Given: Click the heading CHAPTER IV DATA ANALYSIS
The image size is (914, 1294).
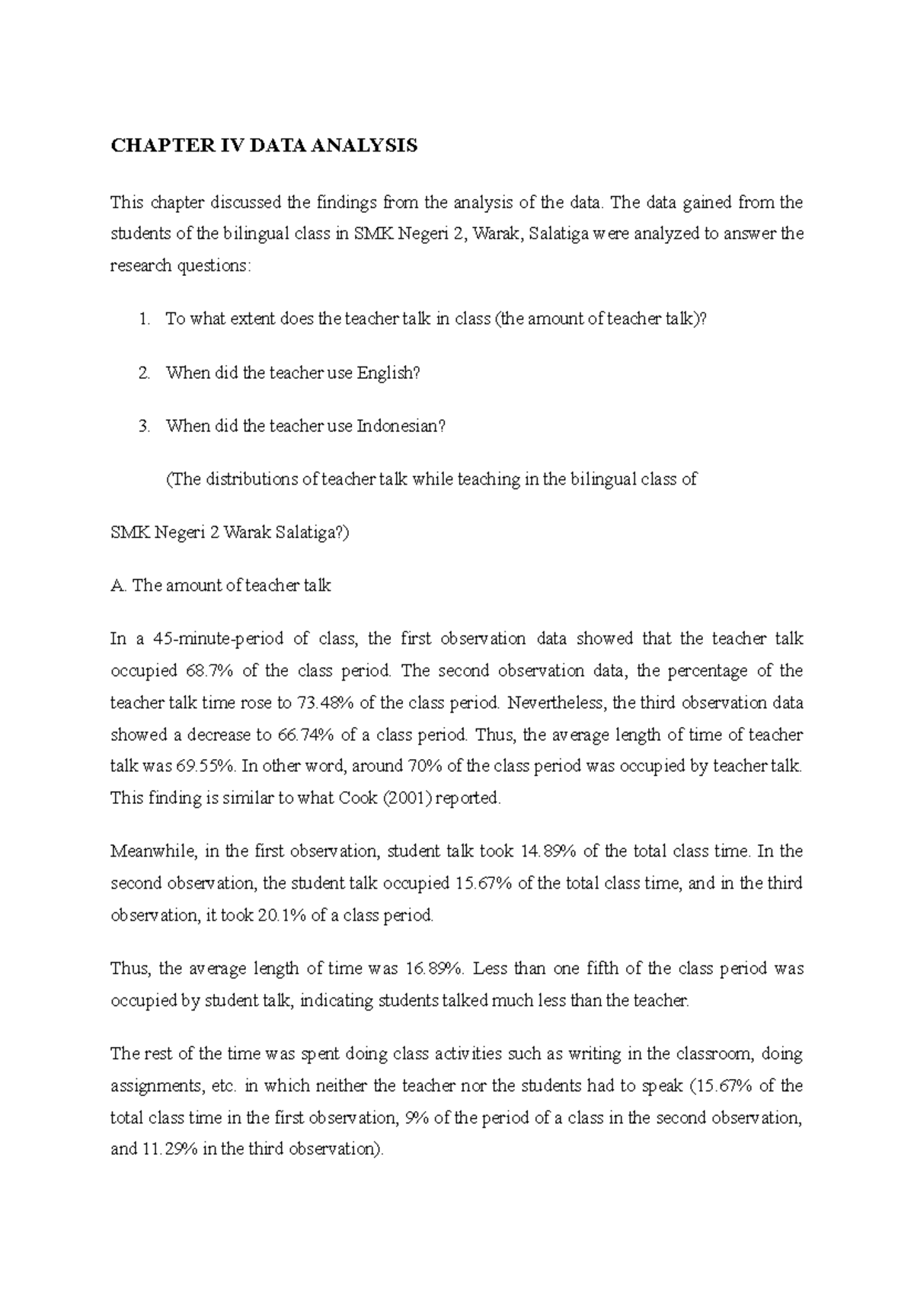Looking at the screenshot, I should coord(264,146).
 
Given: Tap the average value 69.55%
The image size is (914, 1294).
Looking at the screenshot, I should coord(205,767).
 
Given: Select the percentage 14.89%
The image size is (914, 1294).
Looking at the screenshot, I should coord(548,851).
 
